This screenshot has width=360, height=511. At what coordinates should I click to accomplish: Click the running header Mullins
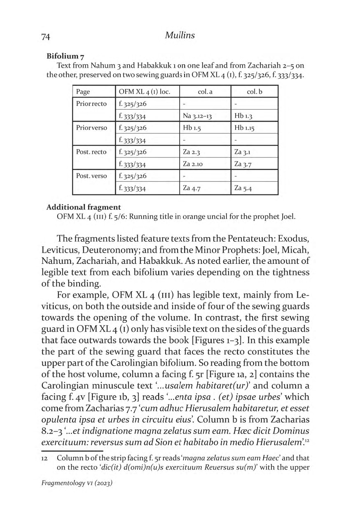(x=180, y=35)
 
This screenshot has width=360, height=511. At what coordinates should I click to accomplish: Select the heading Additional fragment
(x=84, y=207)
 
